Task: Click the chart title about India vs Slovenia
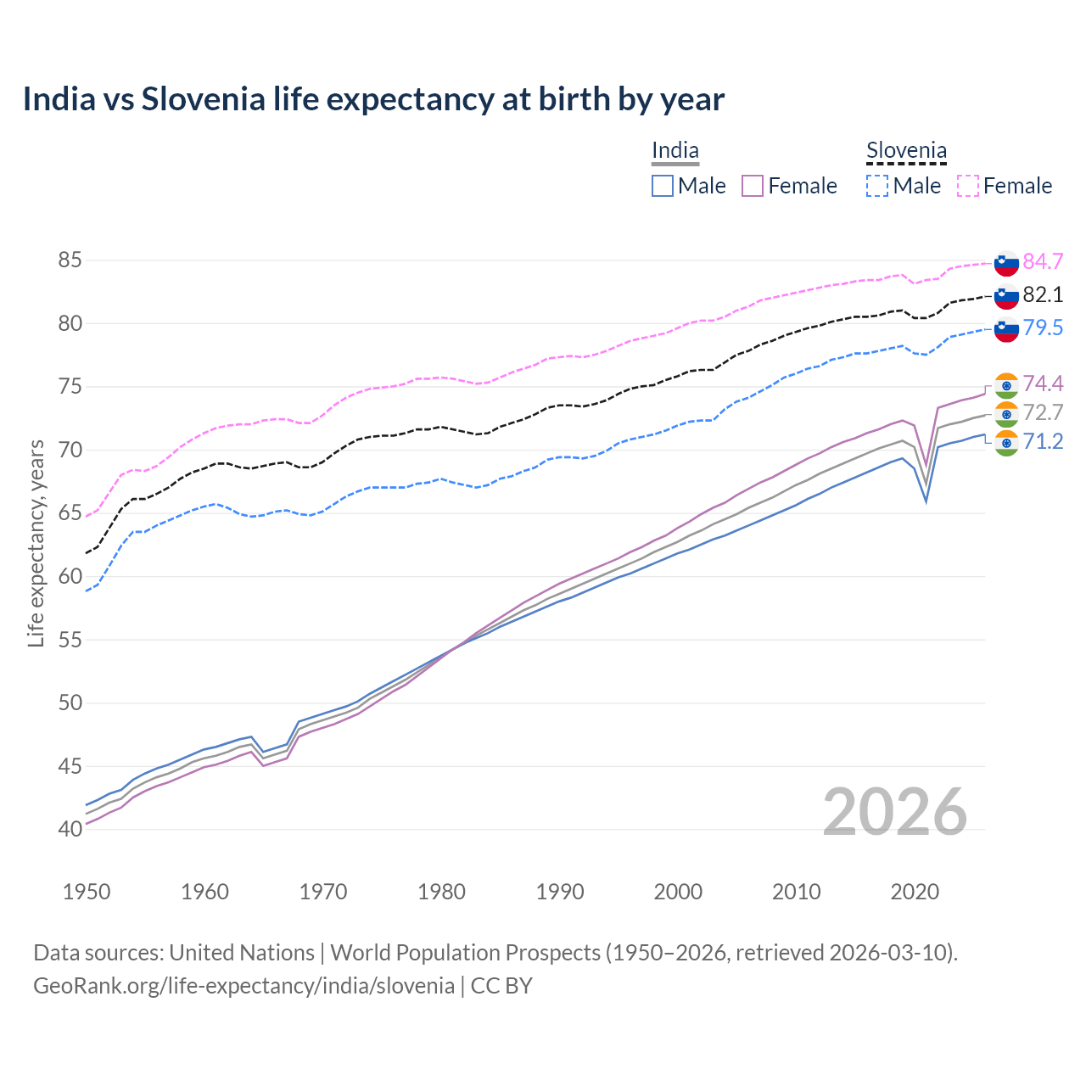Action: click(373, 99)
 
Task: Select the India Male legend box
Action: click(663, 186)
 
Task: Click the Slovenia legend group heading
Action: click(906, 151)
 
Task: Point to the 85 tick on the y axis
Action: click(70, 260)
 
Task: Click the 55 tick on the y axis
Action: click(70, 641)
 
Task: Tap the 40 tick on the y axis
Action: click(70, 830)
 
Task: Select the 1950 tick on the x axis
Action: click(87, 892)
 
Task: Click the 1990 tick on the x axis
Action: click(560, 892)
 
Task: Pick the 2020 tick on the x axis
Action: click(915, 892)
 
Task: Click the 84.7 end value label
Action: click(1043, 261)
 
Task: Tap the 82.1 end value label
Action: click(1043, 294)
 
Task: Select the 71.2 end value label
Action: click(1043, 441)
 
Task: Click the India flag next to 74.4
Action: click(1006, 384)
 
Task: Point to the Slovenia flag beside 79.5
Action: click(1006, 329)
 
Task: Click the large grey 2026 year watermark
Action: click(894, 812)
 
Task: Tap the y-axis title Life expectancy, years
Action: click(36, 543)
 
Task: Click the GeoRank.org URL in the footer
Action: click(244, 986)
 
